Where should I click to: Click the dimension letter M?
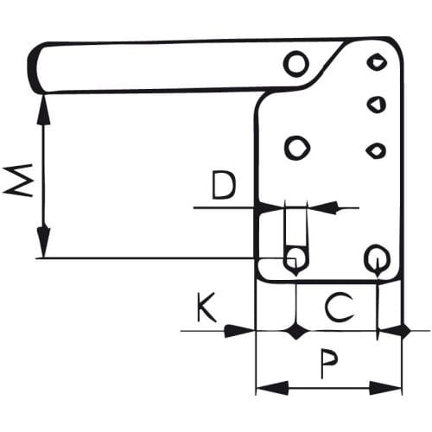(18, 181)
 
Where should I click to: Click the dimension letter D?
(224, 185)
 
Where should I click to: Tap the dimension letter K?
(206, 308)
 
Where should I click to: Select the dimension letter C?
(339, 308)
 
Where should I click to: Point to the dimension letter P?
(329, 364)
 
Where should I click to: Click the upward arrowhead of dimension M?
(44, 110)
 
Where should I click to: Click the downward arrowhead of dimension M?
(44, 242)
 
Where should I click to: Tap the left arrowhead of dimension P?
(272, 388)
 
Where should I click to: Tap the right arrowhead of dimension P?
(385, 388)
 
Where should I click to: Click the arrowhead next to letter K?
(240, 331)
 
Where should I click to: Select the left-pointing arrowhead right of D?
(321, 207)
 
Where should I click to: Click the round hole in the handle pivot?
(296, 64)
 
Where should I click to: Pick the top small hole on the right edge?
(377, 62)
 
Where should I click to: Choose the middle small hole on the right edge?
(377, 104)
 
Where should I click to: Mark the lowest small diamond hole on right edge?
(376, 150)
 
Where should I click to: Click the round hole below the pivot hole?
(297, 148)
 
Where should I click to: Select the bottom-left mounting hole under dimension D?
(295, 257)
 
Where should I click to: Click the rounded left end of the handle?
(33, 67)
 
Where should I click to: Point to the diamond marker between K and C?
(295, 331)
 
